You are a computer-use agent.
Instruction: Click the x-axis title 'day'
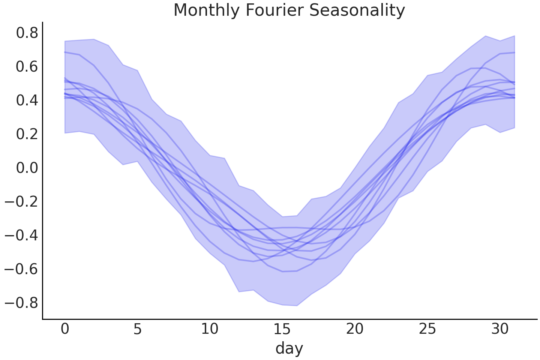pyautogui.click(x=289, y=348)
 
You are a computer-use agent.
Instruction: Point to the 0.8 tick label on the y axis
pyautogui.click(x=27, y=33)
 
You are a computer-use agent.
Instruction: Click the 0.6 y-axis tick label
pyautogui.click(x=27, y=67)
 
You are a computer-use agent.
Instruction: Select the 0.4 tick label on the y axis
pyautogui.click(x=27, y=100)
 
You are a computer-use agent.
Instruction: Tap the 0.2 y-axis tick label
pyautogui.click(x=27, y=134)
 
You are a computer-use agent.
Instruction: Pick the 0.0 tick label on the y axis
pyautogui.click(x=27, y=168)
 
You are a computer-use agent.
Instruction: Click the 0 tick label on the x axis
pyautogui.click(x=65, y=329)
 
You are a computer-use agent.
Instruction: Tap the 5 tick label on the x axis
pyautogui.click(x=137, y=329)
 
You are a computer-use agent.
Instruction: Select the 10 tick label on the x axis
pyautogui.click(x=210, y=329)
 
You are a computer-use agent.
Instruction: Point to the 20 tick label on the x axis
pyautogui.click(x=355, y=329)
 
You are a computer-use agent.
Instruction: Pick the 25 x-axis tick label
pyautogui.click(x=427, y=329)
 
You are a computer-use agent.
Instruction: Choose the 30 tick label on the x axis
pyautogui.click(x=500, y=329)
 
